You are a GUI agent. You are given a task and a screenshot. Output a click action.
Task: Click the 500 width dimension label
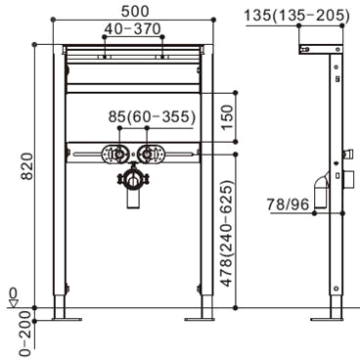[135, 12]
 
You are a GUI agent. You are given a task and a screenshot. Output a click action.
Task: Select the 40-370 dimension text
[132, 29]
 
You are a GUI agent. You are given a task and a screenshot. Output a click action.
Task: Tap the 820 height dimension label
[27, 166]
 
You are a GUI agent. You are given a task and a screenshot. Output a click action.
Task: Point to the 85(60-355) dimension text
[152, 116]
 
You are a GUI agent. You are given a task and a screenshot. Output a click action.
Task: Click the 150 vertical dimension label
[227, 117]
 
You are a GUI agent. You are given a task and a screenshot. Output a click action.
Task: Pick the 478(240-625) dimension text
[227, 233]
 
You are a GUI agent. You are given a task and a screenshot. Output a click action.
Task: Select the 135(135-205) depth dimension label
[296, 16]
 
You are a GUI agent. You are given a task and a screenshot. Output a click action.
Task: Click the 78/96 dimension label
[288, 204]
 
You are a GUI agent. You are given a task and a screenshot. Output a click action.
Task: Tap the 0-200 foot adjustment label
[27, 333]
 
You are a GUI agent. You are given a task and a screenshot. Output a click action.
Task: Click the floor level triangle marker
[14, 304]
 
